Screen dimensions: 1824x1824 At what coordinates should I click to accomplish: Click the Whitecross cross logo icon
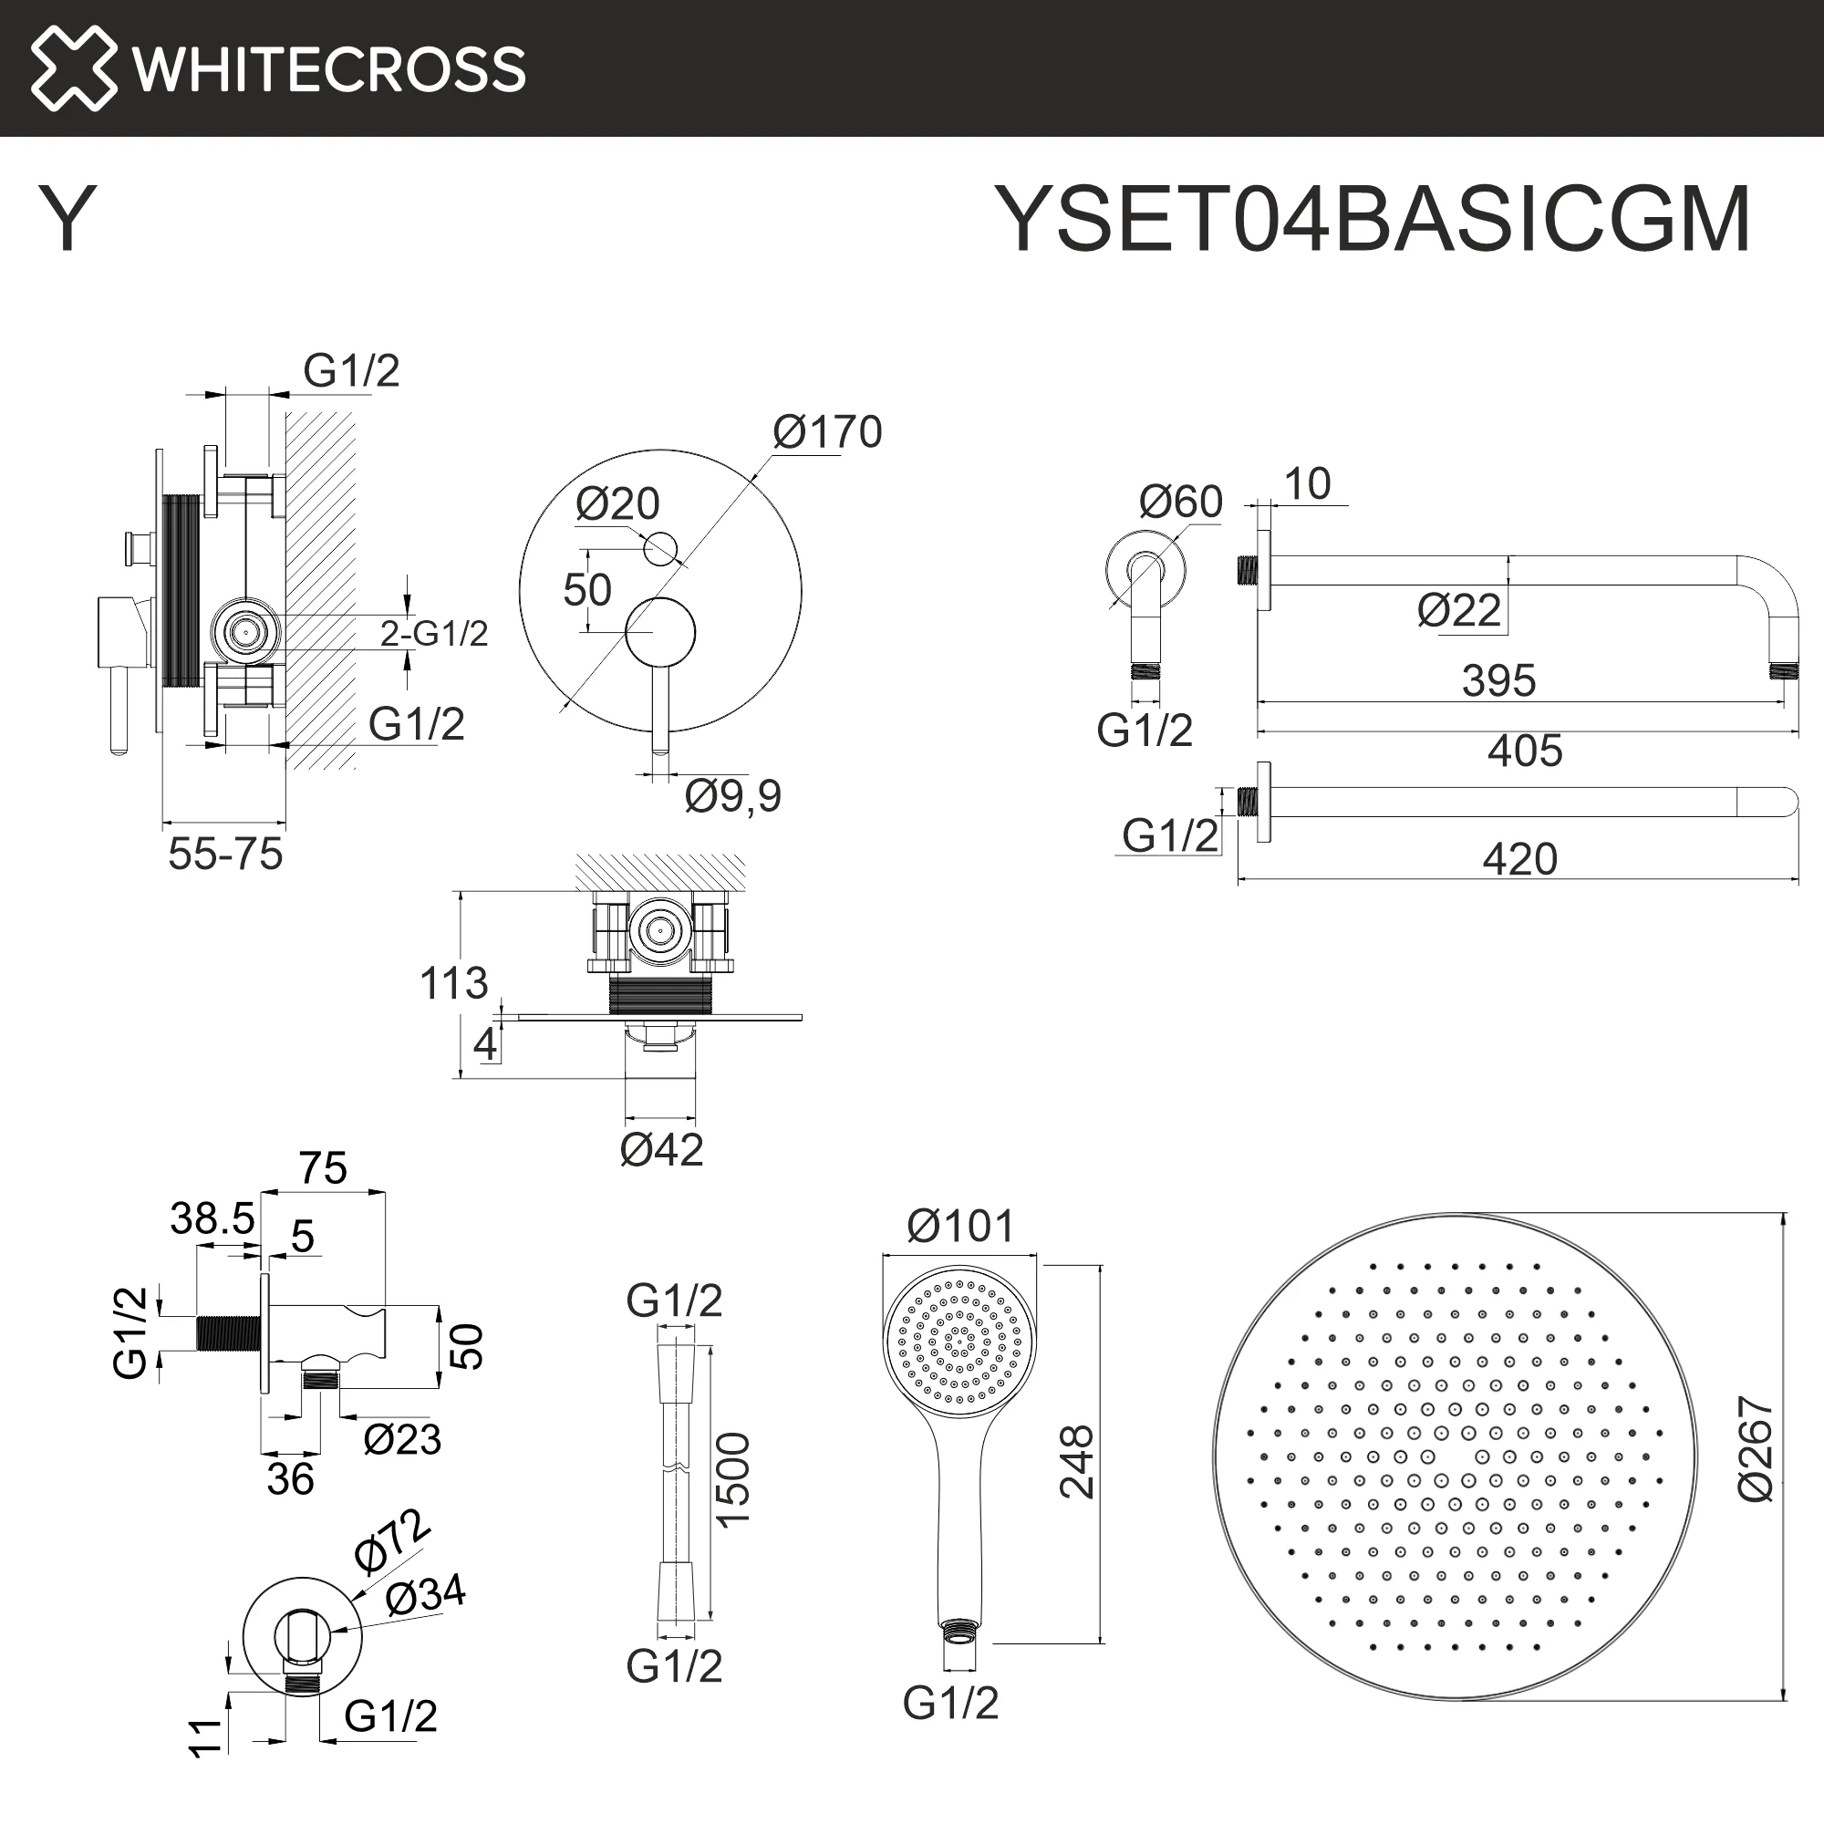click(74, 68)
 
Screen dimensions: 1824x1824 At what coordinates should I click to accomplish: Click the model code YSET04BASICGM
click(1373, 219)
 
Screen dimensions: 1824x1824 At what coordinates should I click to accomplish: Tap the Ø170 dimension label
click(827, 432)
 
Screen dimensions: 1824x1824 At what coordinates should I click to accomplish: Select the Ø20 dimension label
click(617, 504)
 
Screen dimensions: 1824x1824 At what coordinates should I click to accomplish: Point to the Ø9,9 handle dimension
click(733, 796)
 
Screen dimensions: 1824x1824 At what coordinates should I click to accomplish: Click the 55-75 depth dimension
click(225, 855)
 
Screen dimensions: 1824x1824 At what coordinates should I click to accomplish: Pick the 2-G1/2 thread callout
click(434, 634)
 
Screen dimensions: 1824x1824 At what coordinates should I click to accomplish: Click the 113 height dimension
click(454, 984)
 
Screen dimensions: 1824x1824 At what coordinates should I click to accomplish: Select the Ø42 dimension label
click(662, 1150)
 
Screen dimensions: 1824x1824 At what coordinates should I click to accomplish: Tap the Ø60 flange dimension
click(1181, 502)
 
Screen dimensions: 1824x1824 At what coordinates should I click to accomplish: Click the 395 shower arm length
click(1499, 680)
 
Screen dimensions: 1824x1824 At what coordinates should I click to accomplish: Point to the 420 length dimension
click(1520, 859)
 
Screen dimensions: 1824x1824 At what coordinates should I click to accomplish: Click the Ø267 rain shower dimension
click(1756, 1449)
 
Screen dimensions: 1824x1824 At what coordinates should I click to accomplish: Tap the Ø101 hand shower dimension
click(960, 1227)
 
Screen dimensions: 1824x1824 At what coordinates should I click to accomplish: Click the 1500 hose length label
click(732, 1478)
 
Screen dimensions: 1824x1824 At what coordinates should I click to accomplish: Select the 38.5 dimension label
click(212, 1218)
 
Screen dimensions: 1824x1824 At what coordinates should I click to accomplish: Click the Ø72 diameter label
click(392, 1540)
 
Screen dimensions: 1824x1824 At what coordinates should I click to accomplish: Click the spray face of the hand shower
click(959, 1341)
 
